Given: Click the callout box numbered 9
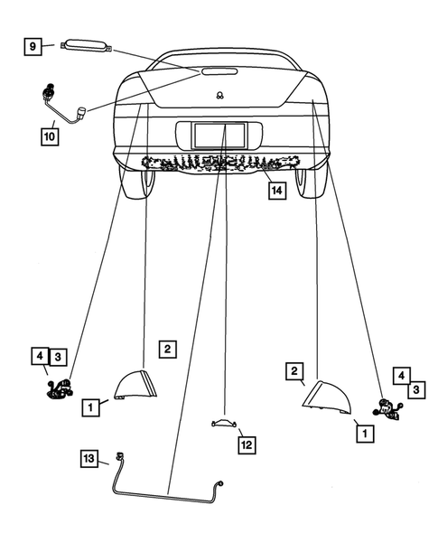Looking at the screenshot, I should coord(32,44).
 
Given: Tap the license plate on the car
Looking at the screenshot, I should coord(220,135).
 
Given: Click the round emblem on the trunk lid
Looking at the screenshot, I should coord(219,95).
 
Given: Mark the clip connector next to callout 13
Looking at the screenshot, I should coord(117,458).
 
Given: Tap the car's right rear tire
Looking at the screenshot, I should coord(312,182).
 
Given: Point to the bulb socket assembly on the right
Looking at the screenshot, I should coord(390,408).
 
